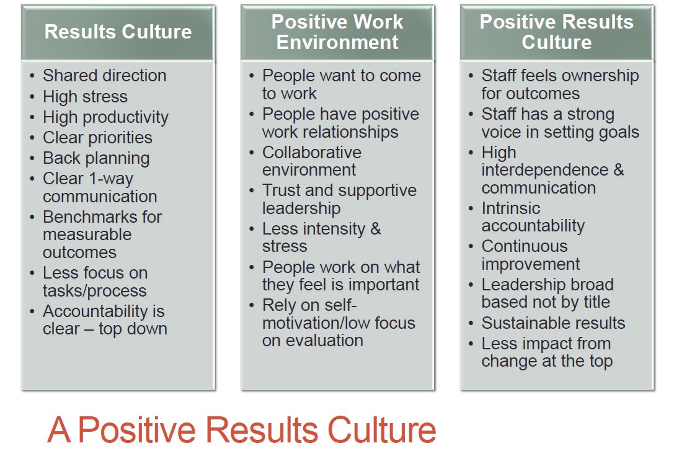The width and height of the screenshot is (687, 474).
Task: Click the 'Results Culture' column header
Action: (x=118, y=32)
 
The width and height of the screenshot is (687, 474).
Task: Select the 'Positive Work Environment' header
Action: (x=337, y=32)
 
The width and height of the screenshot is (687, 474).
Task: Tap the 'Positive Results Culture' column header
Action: (x=556, y=32)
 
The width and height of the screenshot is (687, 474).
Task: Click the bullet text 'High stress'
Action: (x=85, y=97)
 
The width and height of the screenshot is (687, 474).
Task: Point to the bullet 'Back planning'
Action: (x=96, y=158)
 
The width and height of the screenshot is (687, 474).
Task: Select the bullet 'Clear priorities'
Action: (x=97, y=138)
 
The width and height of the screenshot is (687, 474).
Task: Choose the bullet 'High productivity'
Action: (x=105, y=117)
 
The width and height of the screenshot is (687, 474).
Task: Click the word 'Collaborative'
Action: (x=311, y=153)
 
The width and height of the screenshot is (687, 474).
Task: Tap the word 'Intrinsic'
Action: (x=510, y=208)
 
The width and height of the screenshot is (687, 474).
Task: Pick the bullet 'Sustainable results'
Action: (x=553, y=323)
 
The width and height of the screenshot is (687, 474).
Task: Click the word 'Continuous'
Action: (x=525, y=246)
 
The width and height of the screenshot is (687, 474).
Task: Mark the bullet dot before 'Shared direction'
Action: (x=32, y=76)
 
